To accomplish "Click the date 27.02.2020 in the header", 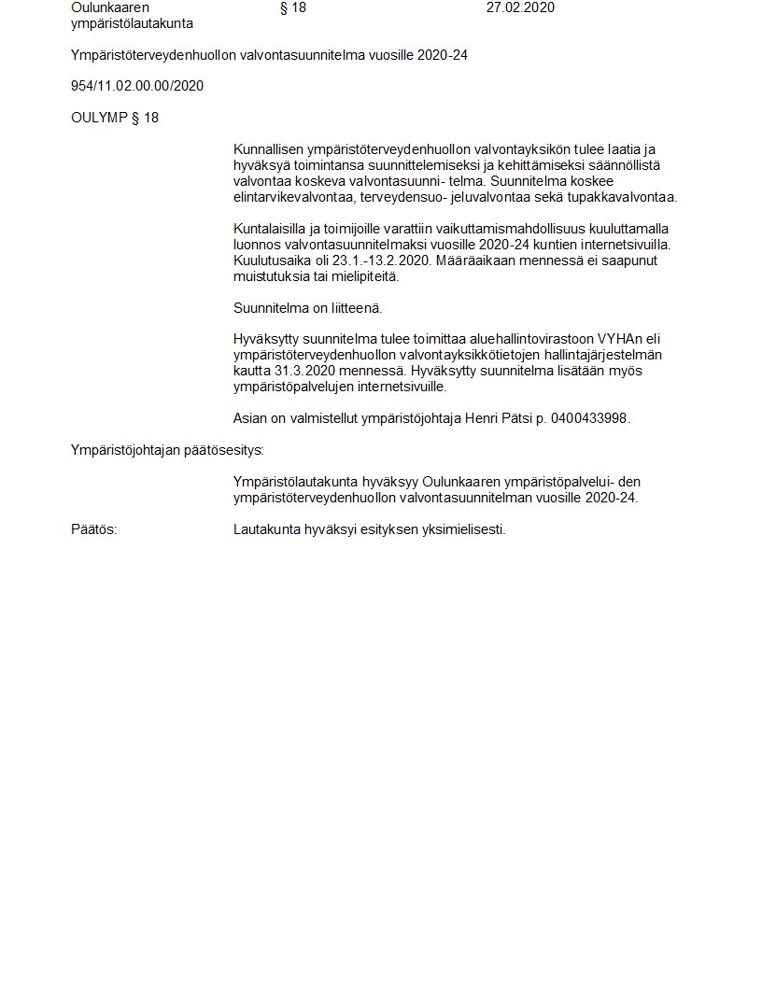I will [x=520, y=7].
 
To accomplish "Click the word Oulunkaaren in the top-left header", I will [x=109, y=7].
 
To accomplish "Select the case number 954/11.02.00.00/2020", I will [x=137, y=86].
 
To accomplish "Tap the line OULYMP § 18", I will [x=115, y=118].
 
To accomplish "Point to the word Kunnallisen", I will [x=269, y=149].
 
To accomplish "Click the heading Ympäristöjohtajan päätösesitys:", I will [x=167, y=450].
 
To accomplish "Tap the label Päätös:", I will [x=94, y=529].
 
